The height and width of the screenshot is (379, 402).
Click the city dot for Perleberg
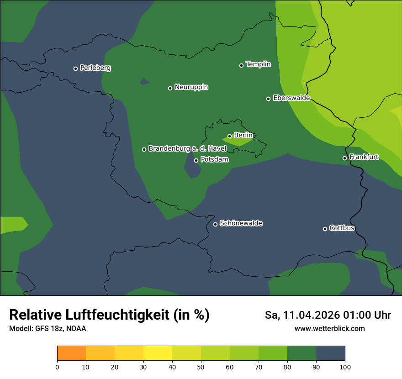click(75, 68)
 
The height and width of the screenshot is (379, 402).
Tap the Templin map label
click(258, 64)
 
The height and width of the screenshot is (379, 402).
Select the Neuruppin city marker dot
click(170, 88)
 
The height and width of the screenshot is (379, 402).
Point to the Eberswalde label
click(291, 98)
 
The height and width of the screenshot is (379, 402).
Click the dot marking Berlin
click(229, 136)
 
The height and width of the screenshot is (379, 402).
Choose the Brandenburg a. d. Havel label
click(187, 149)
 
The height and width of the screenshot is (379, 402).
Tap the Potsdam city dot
click(196, 160)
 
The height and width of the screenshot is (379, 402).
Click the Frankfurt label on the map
click(364, 157)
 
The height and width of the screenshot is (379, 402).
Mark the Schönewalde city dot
click(215, 224)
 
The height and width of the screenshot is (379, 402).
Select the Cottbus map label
click(342, 228)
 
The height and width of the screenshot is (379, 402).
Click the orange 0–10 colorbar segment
click(71, 353)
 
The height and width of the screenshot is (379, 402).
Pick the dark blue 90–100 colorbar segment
click(330, 353)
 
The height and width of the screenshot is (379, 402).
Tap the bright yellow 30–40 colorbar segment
click(158, 353)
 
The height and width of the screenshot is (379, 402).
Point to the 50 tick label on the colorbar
click(201, 367)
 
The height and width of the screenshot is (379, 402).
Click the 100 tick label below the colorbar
click(345, 367)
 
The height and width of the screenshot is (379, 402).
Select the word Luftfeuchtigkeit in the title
click(121, 315)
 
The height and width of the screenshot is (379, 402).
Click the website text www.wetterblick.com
click(329, 328)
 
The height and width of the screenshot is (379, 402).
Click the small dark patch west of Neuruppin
click(144, 82)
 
